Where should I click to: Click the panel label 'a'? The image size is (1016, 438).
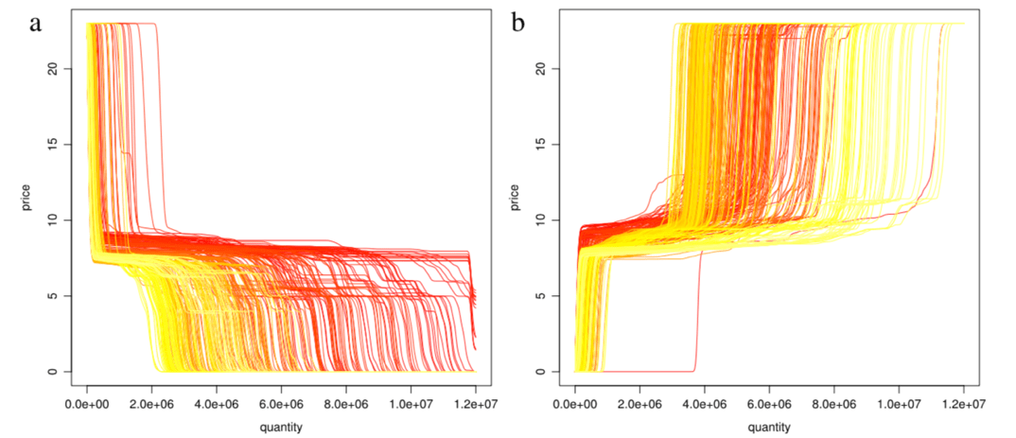click(35, 24)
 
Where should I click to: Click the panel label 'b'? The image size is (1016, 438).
click(517, 24)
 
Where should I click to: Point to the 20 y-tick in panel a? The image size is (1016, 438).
click(52, 68)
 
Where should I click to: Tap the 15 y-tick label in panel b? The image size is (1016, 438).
click(538, 144)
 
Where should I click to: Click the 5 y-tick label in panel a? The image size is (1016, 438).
click(52, 296)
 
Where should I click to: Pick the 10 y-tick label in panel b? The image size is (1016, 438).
click(538, 220)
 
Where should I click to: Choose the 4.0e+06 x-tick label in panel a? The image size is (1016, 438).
click(217, 405)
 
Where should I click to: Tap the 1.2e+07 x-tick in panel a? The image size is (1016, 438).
click(476, 405)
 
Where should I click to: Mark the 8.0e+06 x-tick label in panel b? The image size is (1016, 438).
click(833, 405)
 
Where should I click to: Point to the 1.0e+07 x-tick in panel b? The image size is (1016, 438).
click(899, 405)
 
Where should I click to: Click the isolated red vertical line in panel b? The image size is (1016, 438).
click(698, 312)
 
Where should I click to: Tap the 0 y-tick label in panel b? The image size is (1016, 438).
click(538, 372)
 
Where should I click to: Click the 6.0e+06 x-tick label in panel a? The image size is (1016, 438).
click(282, 405)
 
